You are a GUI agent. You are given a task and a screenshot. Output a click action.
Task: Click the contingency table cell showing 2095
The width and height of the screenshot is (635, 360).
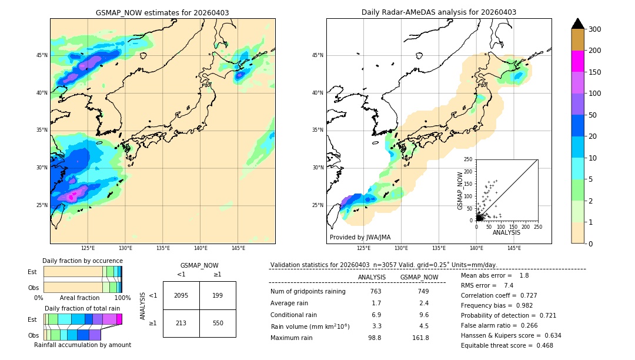click(x=181, y=295)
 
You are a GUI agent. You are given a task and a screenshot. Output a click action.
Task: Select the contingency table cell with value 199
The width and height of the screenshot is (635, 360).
click(x=218, y=295)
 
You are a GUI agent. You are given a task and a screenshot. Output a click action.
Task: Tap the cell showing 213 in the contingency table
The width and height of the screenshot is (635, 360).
click(x=181, y=323)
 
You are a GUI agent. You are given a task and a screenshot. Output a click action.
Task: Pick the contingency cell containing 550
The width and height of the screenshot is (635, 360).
click(x=218, y=323)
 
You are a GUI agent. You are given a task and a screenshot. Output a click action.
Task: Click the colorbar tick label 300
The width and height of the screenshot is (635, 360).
click(x=594, y=29)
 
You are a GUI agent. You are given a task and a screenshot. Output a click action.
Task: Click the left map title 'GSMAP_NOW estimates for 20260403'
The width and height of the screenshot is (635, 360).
click(x=162, y=13)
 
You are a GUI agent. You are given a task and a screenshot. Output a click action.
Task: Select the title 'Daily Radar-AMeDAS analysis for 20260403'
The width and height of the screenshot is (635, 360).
click(x=439, y=13)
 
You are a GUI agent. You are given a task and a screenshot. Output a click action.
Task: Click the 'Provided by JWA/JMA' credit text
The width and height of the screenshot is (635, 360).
click(x=360, y=238)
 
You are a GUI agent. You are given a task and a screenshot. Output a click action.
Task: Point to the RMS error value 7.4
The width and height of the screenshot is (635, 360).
click(x=509, y=285)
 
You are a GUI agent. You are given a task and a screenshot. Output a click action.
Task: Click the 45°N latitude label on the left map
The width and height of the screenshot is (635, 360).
click(x=42, y=55)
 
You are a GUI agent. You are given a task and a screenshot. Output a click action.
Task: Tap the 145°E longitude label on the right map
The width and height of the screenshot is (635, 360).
click(x=514, y=248)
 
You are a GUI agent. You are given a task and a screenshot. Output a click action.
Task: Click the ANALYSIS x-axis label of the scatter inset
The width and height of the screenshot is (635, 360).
click(x=506, y=232)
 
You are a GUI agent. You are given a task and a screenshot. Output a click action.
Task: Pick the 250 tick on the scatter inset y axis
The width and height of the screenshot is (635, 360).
click(x=469, y=159)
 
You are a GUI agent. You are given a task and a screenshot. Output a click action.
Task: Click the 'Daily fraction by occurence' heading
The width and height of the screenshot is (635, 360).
click(x=82, y=261)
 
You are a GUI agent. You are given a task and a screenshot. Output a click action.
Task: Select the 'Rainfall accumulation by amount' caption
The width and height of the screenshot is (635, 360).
click(x=82, y=345)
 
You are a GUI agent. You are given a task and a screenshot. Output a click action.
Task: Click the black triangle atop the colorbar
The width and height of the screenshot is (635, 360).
click(x=578, y=24)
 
